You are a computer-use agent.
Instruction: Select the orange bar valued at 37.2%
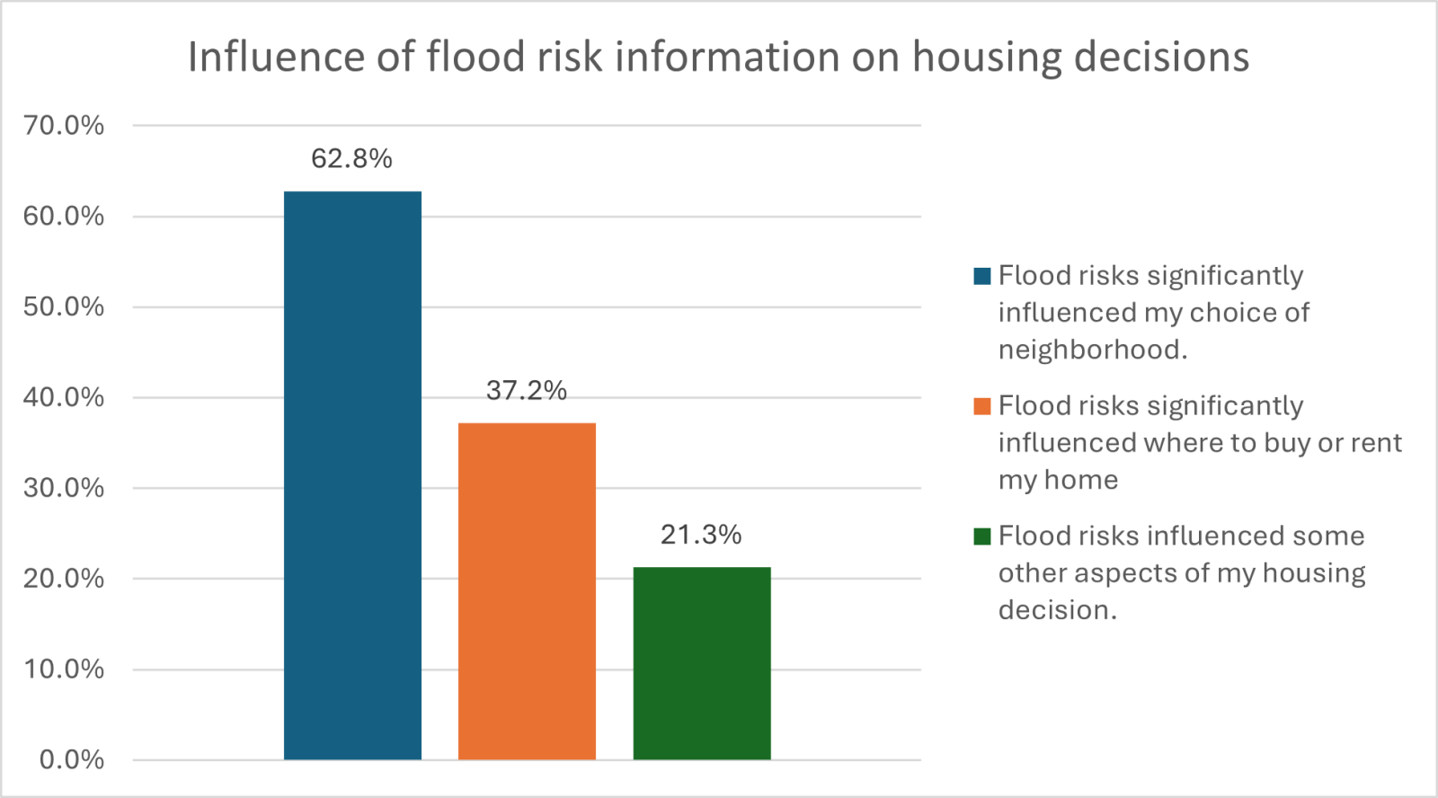[527, 590]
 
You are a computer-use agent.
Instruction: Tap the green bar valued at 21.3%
[702, 662]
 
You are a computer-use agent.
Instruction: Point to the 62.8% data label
[351, 159]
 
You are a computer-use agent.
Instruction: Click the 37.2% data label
[527, 390]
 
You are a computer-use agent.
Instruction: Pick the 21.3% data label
[701, 535]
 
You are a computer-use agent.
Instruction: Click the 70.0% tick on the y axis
[64, 125]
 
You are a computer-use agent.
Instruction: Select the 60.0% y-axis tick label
[64, 216]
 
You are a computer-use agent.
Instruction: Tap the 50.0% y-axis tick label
[64, 306]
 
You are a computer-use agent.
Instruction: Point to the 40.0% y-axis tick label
[64, 397]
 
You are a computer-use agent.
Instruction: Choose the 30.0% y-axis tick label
[64, 488]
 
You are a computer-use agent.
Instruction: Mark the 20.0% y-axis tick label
[64, 579]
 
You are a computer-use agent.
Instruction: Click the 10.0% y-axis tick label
[64, 669]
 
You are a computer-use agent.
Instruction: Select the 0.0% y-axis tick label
[71, 760]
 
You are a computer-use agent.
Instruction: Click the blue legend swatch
[981, 276]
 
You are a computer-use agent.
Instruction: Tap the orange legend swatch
[981, 406]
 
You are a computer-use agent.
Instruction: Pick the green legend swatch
[981, 536]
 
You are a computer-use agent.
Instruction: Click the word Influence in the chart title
[274, 57]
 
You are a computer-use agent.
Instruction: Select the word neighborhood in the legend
[1092, 350]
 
